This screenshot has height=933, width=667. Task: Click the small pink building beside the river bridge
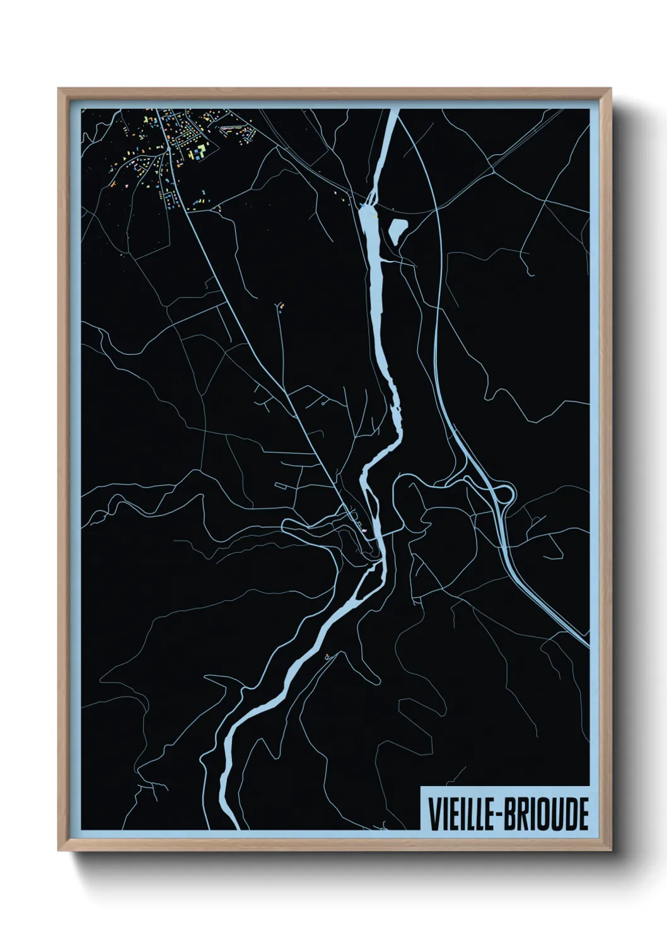pos(364,531)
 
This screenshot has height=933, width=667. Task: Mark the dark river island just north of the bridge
pos(371,504)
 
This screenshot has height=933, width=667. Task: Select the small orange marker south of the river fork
pos(327,656)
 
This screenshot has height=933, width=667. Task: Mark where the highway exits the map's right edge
pos(587,644)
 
